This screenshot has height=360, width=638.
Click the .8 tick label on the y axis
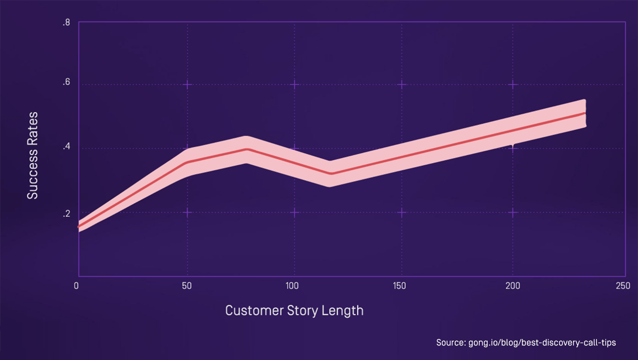pyautogui.click(x=66, y=22)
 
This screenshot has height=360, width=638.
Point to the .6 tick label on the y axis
pyautogui.click(x=66, y=83)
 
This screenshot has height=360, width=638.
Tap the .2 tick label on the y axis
pyautogui.click(x=66, y=214)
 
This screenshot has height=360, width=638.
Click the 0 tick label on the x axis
pyautogui.click(x=77, y=285)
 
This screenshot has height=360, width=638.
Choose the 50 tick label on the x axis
pyautogui.click(x=186, y=285)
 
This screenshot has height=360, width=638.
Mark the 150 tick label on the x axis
pyautogui.click(x=400, y=285)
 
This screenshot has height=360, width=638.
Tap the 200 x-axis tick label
pyautogui.click(x=513, y=285)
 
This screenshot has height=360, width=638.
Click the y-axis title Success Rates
pyautogui.click(x=32, y=155)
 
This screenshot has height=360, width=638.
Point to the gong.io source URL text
pyautogui.click(x=542, y=343)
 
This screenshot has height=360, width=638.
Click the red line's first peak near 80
pyautogui.click(x=247, y=149)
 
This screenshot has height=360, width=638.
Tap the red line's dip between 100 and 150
pyautogui.click(x=331, y=174)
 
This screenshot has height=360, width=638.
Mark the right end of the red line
pyautogui.click(x=585, y=113)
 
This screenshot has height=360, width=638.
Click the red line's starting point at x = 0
pyautogui.click(x=78, y=226)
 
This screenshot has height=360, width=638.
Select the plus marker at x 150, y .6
pyautogui.click(x=402, y=85)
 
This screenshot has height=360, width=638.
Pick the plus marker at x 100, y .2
pyautogui.click(x=294, y=212)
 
